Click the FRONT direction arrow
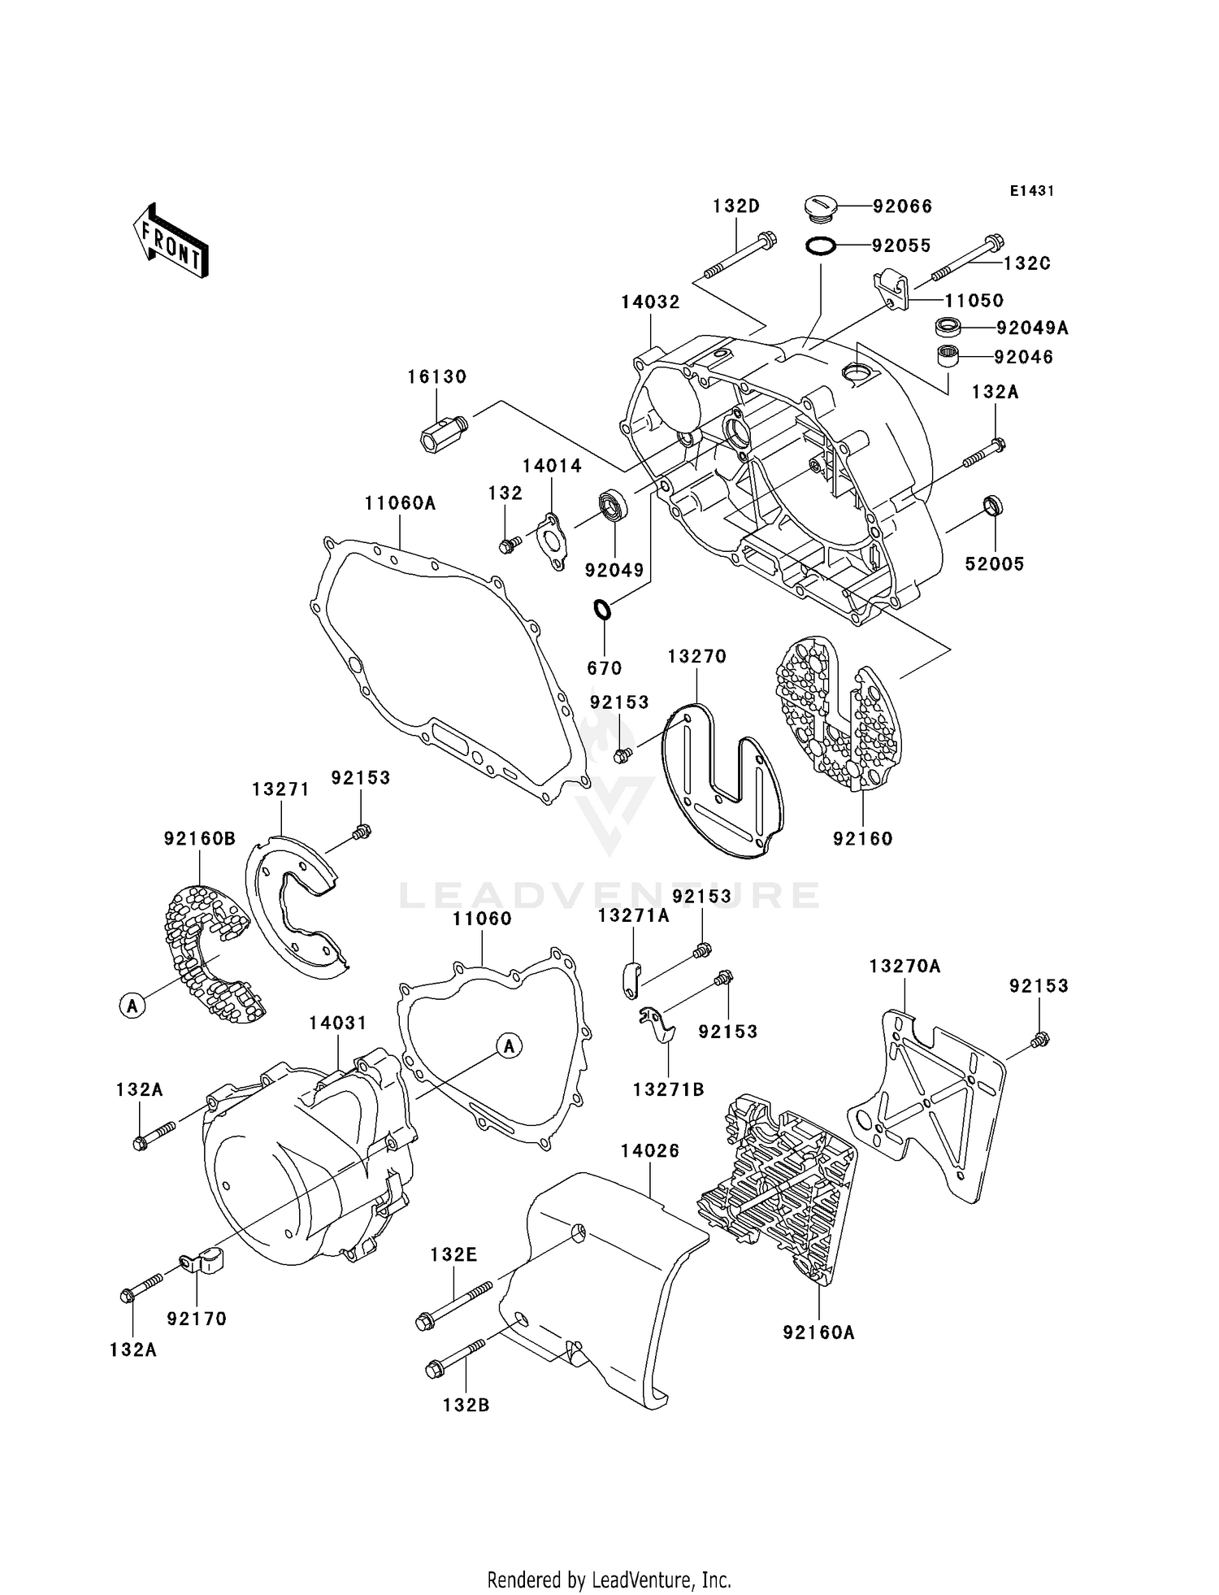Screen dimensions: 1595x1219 pyautogui.click(x=171, y=242)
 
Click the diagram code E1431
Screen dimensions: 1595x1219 pyautogui.click(x=1031, y=191)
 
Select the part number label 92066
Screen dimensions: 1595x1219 pyautogui.click(x=902, y=206)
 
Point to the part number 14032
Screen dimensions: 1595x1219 pyautogui.click(x=650, y=302)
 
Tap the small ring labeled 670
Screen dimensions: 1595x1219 pyautogui.click(x=602, y=608)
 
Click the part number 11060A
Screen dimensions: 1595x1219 pyautogui.click(x=400, y=503)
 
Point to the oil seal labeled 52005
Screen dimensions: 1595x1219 pyautogui.click(x=993, y=505)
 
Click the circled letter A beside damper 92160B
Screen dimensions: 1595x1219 pyautogui.click(x=132, y=1006)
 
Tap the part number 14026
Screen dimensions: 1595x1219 pyautogui.click(x=649, y=1150)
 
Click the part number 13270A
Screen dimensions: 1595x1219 pyautogui.click(x=904, y=966)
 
